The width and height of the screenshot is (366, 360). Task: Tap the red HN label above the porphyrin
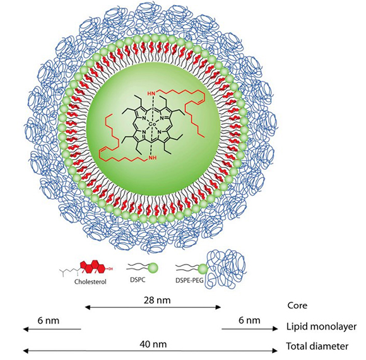pos(151,93)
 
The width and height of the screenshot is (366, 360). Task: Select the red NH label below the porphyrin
pos(153,158)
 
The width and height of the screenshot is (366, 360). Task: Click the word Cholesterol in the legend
pos(90,282)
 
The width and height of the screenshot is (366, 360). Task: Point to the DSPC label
pos(138,280)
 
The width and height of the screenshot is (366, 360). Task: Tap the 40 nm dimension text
pos(153,344)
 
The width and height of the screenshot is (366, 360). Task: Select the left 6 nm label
pos(49,320)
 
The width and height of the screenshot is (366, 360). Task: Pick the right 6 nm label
pos(249,320)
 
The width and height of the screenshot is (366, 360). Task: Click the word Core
pos(297,305)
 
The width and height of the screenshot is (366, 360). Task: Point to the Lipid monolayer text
pos(321,327)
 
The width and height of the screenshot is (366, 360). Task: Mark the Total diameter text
pos(317,346)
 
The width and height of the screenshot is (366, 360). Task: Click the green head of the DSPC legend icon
pos(153,268)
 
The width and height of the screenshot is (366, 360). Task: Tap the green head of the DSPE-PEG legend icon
pos(203,269)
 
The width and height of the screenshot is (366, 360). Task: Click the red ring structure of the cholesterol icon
pos(93,267)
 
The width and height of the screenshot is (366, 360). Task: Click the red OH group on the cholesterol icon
pos(110,269)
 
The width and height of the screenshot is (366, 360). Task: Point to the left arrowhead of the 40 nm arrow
pos(26,351)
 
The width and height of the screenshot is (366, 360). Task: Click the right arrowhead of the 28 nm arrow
pos(218,307)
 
